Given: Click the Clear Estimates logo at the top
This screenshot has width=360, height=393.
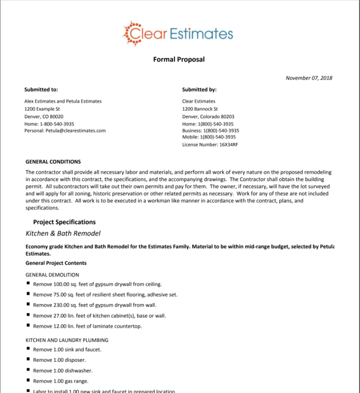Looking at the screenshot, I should pos(178,33).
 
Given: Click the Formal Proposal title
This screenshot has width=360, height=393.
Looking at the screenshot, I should pos(179,59).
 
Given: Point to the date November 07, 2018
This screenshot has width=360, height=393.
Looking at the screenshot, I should pos(309,78).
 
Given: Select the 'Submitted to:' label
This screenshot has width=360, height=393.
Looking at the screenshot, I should pos(41,90).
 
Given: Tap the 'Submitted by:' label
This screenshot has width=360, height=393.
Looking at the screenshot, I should pos(199,90).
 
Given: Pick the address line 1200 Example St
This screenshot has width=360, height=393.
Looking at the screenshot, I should pos(42,109).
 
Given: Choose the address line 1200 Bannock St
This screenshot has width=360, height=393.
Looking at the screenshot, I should pos(200,109).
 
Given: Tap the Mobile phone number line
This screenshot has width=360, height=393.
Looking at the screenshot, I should pos(209,137).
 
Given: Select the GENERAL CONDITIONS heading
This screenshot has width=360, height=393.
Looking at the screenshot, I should pos(53,162).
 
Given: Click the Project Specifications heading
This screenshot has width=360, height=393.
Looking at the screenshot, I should pos(64,222).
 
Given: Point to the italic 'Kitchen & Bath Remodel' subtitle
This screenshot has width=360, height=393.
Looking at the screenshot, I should pos(63,233).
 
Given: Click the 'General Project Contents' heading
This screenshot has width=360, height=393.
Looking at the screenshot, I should pos(56,263).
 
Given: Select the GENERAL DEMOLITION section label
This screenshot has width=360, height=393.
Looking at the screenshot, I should pos(52,275).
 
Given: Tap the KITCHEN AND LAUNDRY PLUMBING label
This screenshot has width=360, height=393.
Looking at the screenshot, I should pos(67,340).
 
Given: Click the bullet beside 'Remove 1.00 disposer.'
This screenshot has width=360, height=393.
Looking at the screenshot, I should pos(28,359).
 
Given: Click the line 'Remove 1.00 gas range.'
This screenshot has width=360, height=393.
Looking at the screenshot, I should pos(61,381).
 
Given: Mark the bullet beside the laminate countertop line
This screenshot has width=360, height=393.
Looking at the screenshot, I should pos(28,326).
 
